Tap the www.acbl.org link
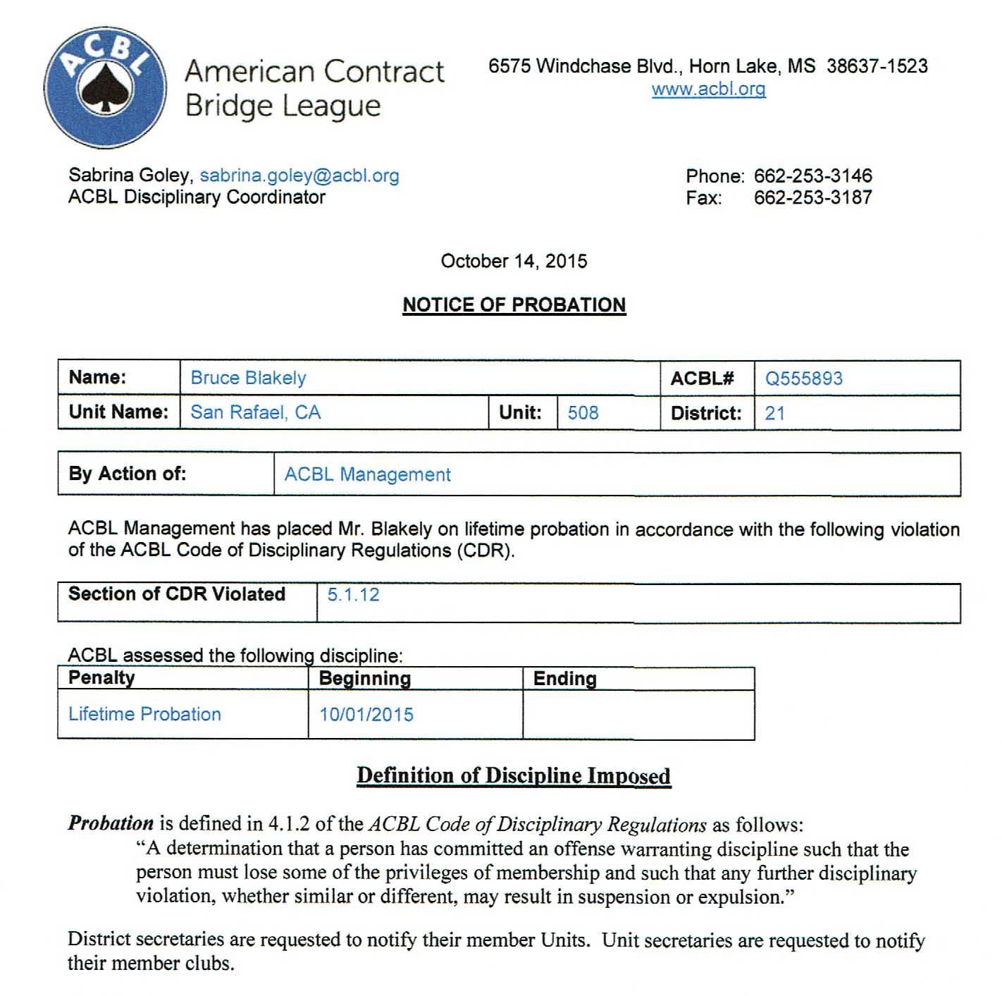click(708, 90)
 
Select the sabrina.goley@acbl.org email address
click(299, 176)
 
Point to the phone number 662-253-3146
click(812, 176)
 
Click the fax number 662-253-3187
click(812, 197)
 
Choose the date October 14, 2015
click(514, 262)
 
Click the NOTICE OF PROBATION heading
click(514, 305)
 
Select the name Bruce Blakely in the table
click(248, 379)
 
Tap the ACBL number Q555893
click(803, 379)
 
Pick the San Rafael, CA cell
click(255, 412)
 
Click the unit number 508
click(583, 413)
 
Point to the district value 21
click(774, 414)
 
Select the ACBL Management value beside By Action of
click(367, 475)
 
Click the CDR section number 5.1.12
click(353, 595)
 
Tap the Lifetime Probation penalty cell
click(144, 715)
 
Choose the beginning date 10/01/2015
click(366, 715)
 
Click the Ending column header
click(564, 679)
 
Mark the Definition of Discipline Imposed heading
click(513, 776)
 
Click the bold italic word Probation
click(111, 823)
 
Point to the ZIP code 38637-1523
click(877, 66)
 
